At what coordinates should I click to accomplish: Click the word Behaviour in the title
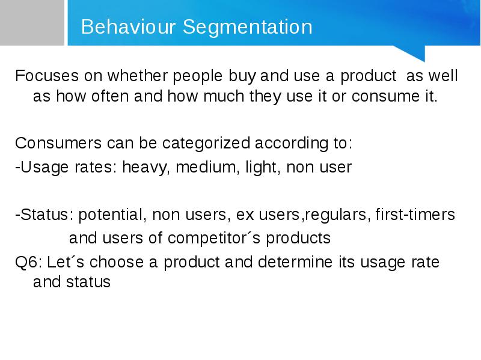click(128, 26)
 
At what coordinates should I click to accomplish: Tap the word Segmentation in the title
click(248, 28)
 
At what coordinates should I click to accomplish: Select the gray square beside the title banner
click(32, 23)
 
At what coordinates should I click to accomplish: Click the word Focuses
click(47, 76)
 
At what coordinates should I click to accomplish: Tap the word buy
click(242, 76)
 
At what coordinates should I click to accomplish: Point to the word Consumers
click(58, 143)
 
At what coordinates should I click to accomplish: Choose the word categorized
click(206, 144)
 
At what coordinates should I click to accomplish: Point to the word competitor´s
click(214, 239)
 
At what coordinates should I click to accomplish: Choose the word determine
click(295, 262)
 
